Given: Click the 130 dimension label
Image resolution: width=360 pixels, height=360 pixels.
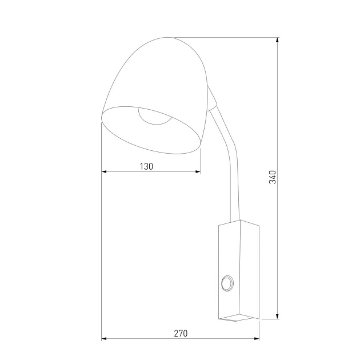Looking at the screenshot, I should pos(147,166).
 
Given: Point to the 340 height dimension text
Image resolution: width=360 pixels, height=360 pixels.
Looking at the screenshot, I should pos(273,177).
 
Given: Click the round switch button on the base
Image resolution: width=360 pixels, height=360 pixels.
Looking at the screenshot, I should pos(227,283).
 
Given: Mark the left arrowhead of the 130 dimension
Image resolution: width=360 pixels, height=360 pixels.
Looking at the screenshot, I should pos(105,172).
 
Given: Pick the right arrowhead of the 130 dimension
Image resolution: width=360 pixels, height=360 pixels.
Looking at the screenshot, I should pos(198,172).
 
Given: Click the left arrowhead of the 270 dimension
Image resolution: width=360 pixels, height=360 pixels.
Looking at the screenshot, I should pos(105,339).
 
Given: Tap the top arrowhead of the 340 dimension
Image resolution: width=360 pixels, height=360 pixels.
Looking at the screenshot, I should pos(278,41).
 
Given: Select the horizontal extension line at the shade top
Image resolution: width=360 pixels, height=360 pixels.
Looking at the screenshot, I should pos(229,37).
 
